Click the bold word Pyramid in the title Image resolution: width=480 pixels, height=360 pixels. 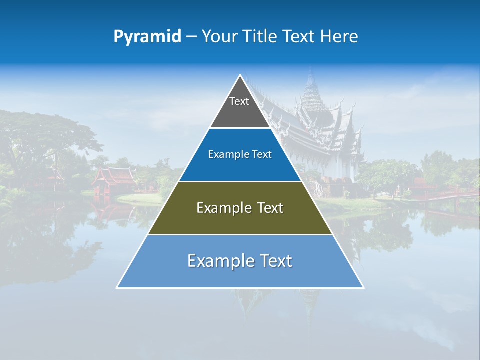click(147, 37)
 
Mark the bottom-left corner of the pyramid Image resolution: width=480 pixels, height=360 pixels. click(117, 287)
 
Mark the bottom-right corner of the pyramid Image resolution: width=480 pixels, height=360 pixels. click(363, 287)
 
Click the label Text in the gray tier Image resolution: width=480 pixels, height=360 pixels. click(239, 101)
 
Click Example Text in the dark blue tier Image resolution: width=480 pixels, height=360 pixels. click(240, 154)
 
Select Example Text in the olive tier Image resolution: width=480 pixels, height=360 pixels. click(240, 208)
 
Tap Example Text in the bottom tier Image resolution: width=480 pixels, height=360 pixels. click(240, 261)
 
